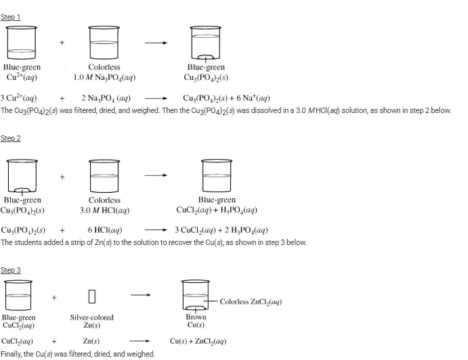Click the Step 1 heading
tap(10, 17)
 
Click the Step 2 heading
tap(10, 138)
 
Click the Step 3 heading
tap(10, 270)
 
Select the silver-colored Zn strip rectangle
tap(92, 296)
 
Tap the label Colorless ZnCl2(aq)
tap(251, 302)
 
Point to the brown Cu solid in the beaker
tap(196, 307)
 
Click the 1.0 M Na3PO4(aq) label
tap(104, 78)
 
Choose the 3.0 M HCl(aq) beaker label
tap(104, 210)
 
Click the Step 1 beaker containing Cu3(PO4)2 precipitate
tap(206, 43)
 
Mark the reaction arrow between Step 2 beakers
tap(156, 175)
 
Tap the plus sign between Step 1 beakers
tap(62, 43)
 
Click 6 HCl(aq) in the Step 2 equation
tap(105, 230)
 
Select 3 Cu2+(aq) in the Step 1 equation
tap(18, 98)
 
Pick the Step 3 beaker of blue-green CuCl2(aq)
tap(18, 295)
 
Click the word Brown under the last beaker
tap(196, 317)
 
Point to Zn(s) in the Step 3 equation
tap(91, 341)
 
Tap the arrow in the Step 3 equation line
tap(140, 341)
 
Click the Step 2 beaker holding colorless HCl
tap(104, 176)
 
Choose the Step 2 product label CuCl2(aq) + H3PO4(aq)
tap(217, 210)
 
